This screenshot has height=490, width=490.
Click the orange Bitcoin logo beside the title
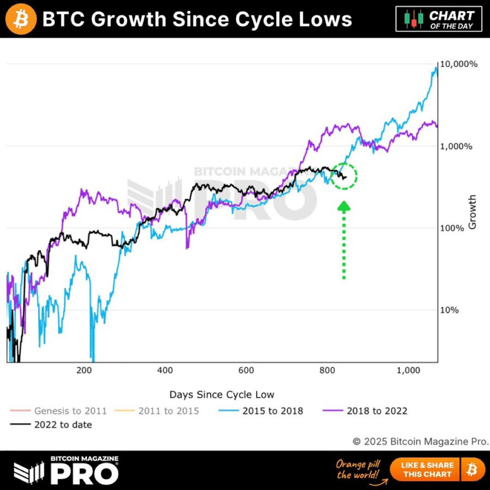(x=20, y=19)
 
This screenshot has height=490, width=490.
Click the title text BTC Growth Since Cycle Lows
(x=196, y=20)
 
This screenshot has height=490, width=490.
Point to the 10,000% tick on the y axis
(x=457, y=64)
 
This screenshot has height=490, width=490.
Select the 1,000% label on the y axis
(x=456, y=146)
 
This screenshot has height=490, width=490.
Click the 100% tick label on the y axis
(x=454, y=228)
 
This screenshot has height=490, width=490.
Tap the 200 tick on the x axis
(x=85, y=370)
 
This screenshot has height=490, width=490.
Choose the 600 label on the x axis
(x=246, y=370)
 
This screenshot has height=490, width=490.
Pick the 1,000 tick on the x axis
(x=408, y=370)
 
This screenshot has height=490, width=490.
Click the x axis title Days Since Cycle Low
(x=222, y=394)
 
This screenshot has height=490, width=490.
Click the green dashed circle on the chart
(x=343, y=176)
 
